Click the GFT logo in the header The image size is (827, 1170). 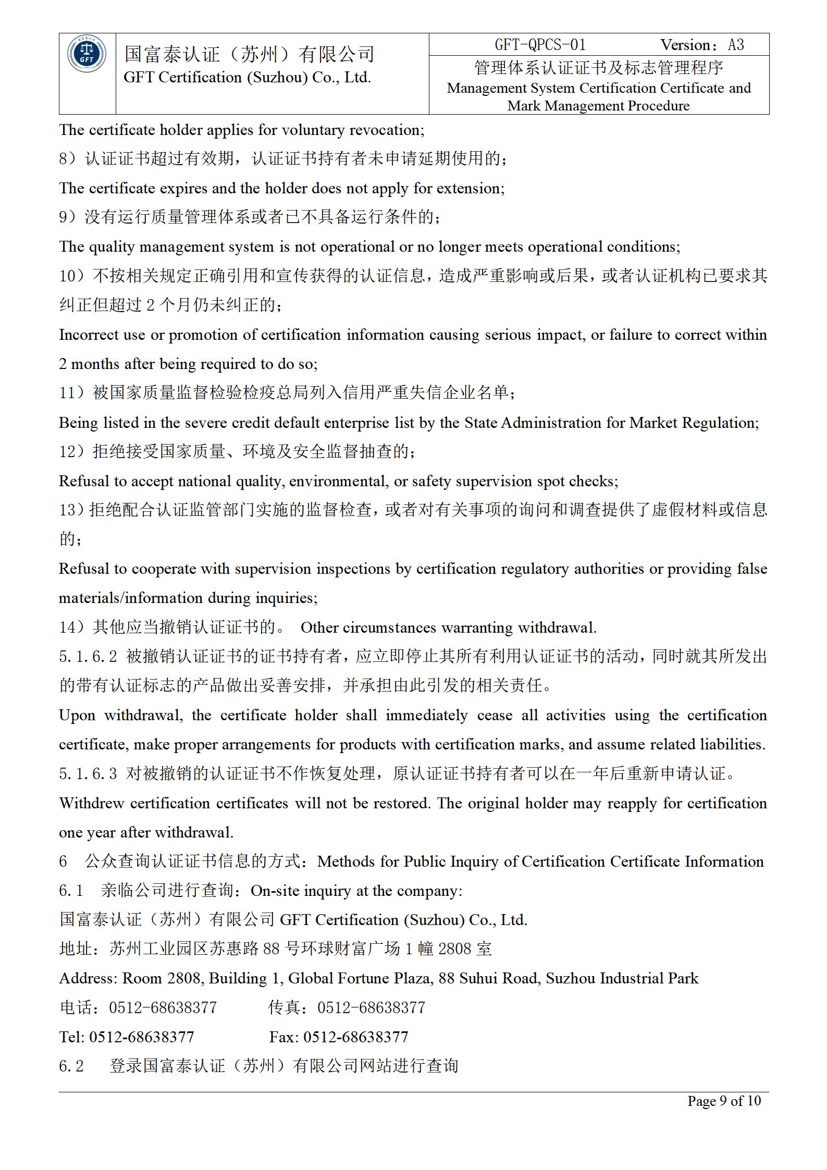click(87, 55)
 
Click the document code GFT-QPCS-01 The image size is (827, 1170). click(540, 45)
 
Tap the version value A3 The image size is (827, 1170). click(736, 45)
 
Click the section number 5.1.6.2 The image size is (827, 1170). click(88, 656)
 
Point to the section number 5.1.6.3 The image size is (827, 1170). click(88, 773)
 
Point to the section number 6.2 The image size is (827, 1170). click(71, 1066)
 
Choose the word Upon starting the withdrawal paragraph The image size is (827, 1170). click(77, 715)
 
